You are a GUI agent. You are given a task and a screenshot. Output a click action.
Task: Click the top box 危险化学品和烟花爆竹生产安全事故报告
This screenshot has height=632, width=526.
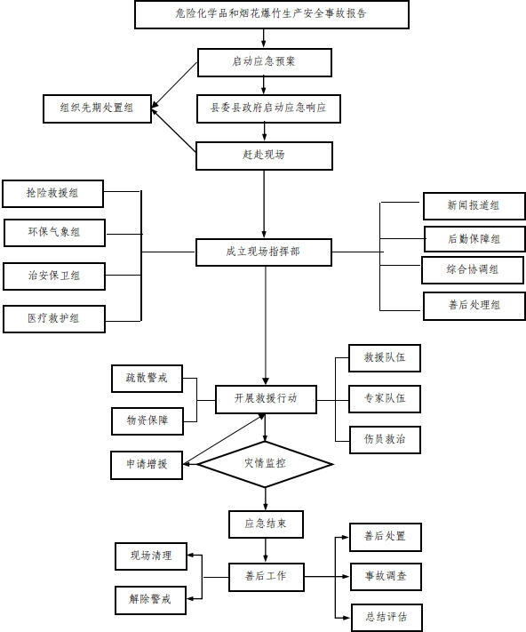272,14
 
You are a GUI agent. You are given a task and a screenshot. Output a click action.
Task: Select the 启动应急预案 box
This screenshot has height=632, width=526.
265,62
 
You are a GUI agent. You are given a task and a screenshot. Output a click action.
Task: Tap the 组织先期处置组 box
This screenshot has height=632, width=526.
97,108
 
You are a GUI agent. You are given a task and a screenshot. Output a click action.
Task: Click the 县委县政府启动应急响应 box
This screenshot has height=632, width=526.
268,108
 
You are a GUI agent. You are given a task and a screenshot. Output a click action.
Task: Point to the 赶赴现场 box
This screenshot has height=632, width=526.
264,156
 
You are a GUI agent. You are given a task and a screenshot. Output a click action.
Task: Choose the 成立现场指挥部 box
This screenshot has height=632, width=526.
264,252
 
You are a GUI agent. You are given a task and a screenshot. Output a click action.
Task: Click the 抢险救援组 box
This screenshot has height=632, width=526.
52,194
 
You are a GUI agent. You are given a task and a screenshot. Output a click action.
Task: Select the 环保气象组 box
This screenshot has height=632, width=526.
54,233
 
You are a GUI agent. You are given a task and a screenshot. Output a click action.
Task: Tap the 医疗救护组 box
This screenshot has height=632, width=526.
54,319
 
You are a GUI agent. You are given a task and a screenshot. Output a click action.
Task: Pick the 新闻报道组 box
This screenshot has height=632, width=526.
474,206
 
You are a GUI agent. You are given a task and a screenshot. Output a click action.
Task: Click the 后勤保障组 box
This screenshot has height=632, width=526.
474,239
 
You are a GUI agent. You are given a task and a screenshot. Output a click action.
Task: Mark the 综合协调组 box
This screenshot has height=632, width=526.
473,270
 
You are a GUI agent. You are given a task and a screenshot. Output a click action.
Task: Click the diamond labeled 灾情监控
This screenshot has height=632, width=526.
265,464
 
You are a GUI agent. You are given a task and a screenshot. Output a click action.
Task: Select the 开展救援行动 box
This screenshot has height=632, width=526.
266,399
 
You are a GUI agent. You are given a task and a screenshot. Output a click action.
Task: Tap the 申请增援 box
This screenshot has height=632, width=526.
147,465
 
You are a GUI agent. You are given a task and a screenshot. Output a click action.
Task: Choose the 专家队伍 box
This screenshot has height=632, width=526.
385,399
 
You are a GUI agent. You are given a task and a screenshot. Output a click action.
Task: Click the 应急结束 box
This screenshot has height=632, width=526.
266,524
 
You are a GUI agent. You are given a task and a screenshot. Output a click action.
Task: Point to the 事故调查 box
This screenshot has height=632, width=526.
386,577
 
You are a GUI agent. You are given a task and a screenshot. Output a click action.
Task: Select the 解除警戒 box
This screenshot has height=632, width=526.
151,600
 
